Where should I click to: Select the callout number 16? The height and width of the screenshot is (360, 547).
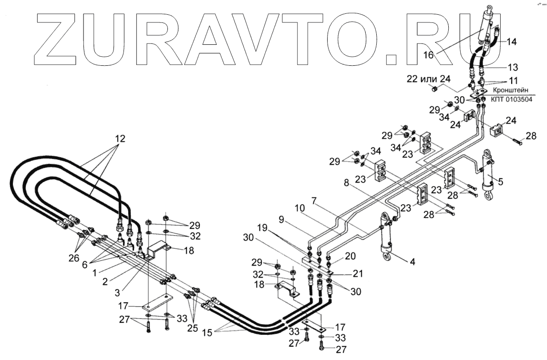click(428, 55)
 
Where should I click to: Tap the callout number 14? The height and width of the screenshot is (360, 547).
click(511, 41)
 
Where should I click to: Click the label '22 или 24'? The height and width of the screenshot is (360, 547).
click(428, 78)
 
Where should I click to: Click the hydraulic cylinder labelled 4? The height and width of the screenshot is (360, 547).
click(386, 238)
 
